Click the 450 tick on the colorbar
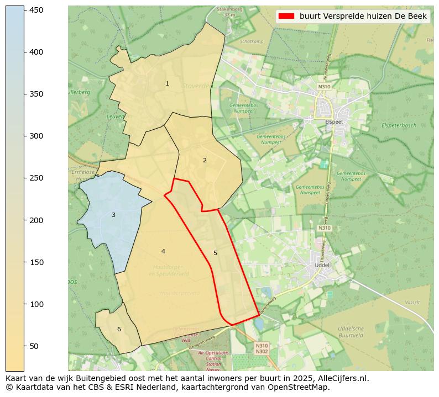point(24,10)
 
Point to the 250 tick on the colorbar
point(24,178)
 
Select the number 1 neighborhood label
point(167,84)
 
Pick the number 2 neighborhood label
point(205,160)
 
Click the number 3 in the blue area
point(113,215)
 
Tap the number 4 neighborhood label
point(163,252)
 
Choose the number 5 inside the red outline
point(215,253)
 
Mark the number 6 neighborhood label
point(118,330)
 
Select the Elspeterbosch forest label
point(399,126)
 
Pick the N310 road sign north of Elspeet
point(324,87)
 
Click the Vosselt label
point(412,303)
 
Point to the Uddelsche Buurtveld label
point(351,332)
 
